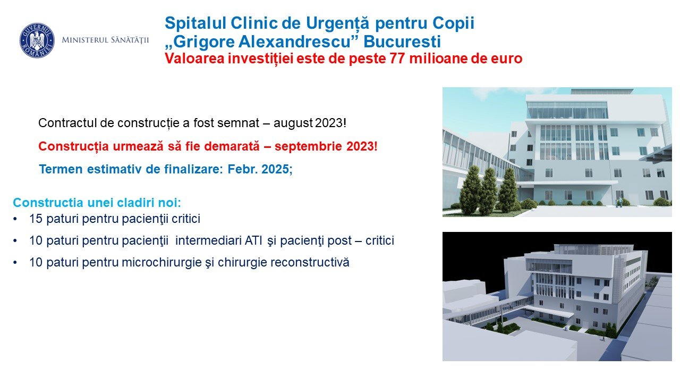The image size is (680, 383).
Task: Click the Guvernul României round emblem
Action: tap(37, 40)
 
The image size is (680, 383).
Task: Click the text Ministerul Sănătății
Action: tap(105, 40)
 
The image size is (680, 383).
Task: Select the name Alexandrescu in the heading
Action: tap(294, 41)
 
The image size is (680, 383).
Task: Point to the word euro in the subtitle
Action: tap(507, 59)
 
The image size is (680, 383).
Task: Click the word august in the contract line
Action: tap(293, 123)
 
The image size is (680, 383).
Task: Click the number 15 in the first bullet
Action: tap(36, 219)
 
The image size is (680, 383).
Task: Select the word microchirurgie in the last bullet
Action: tap(162, 262)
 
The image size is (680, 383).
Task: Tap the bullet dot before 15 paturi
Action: tap(15, 219)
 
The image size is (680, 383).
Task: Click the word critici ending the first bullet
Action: tap(186, 219)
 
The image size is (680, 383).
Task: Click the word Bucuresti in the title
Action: tap(402, 41)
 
